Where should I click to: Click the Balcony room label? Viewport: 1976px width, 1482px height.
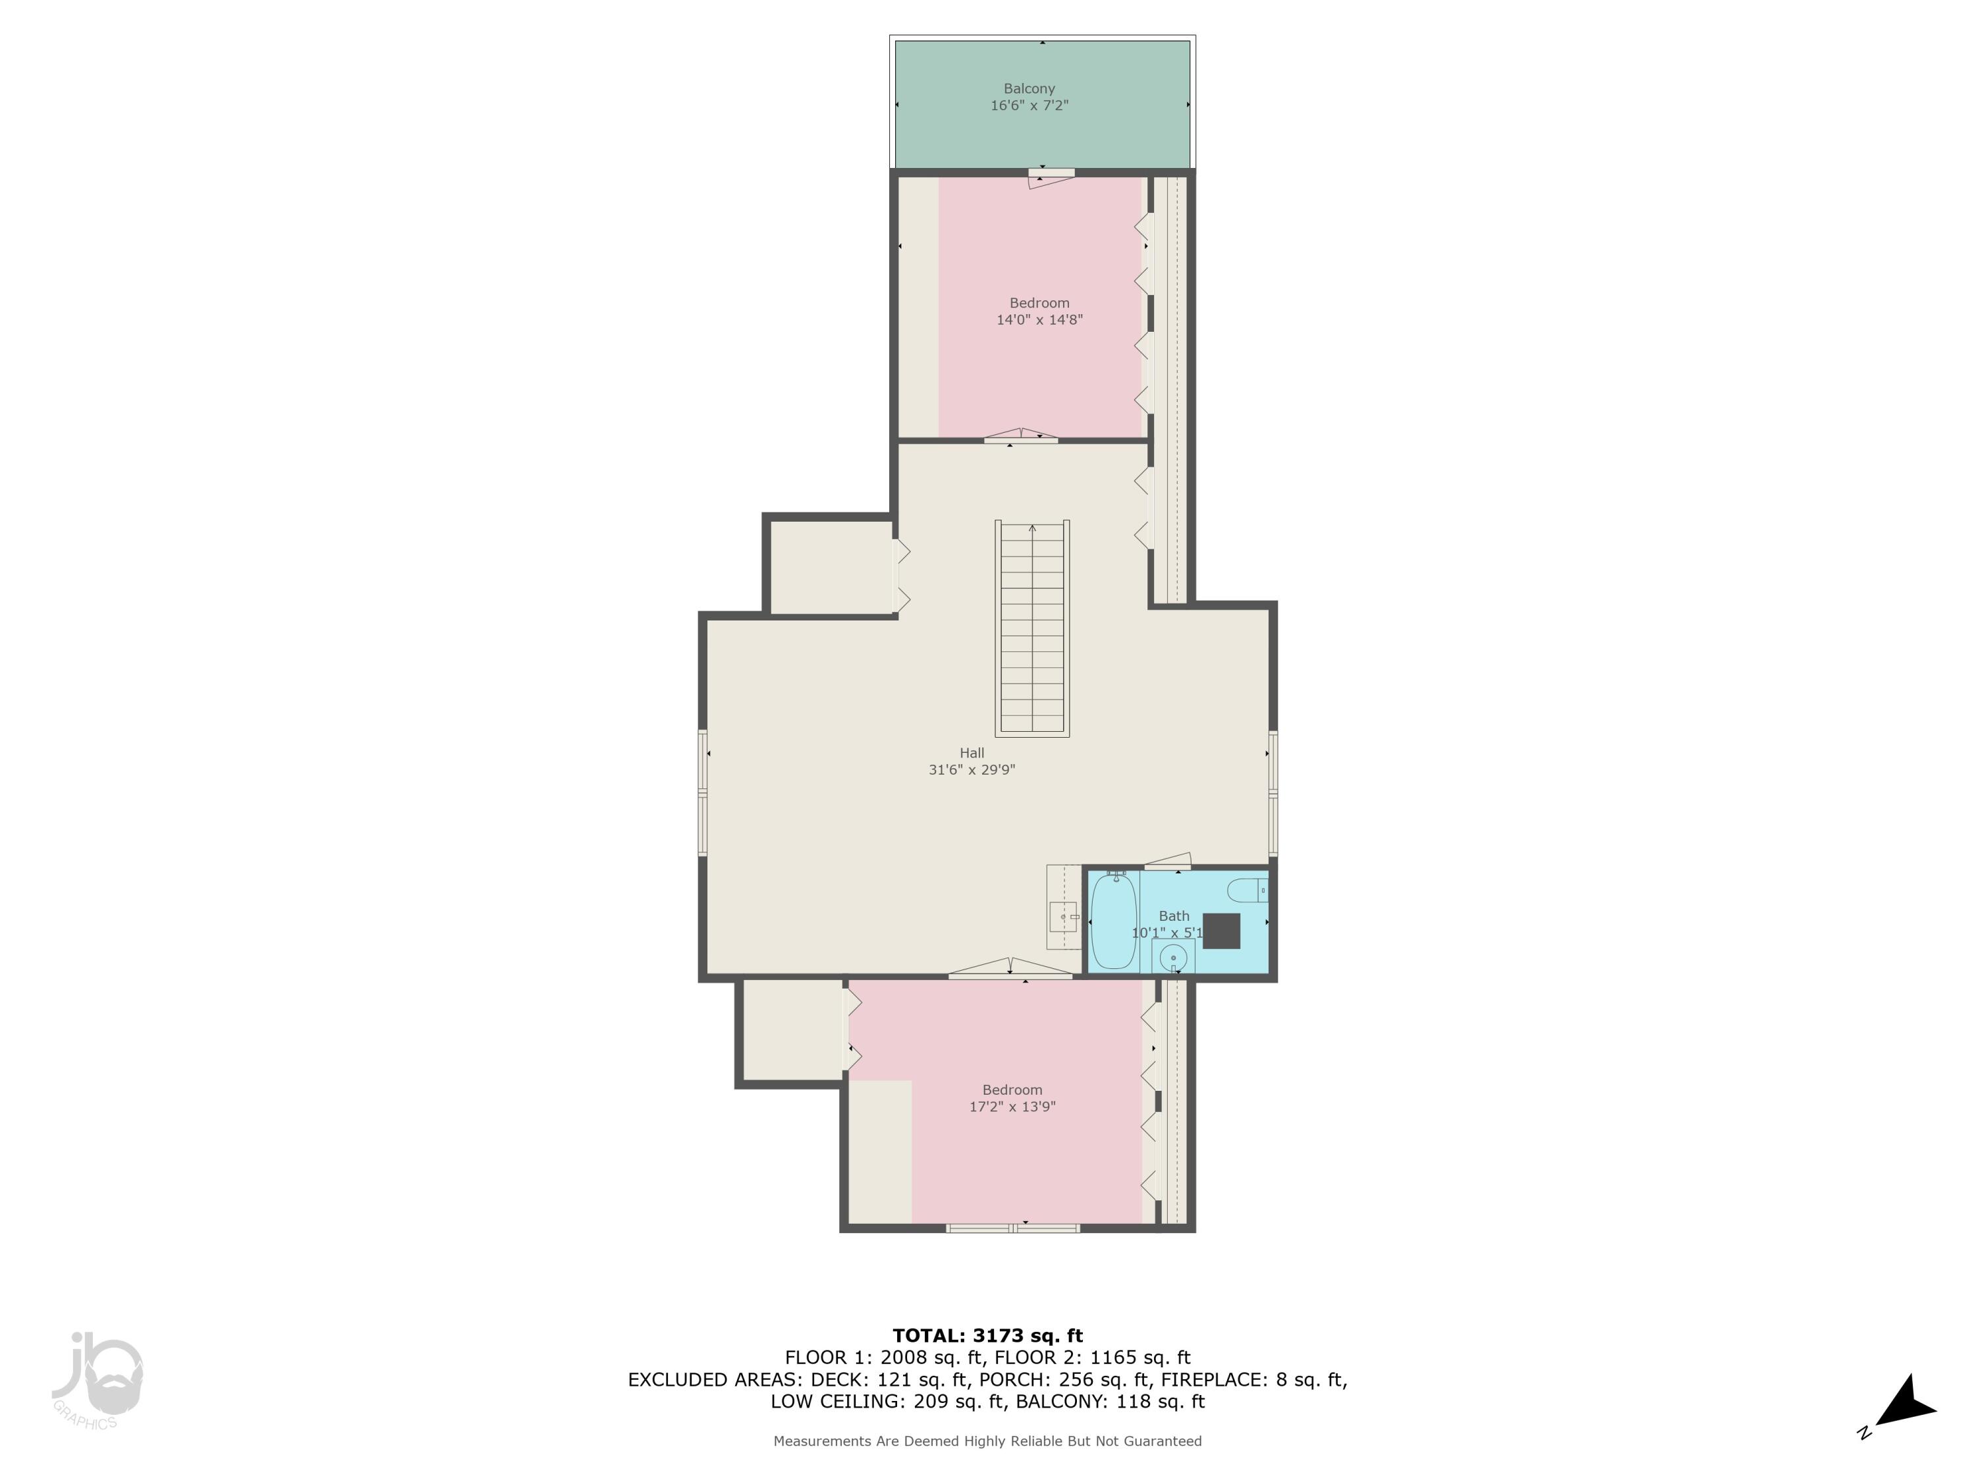[x=1029, y=88]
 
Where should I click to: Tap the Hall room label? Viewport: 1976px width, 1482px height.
[x=972, y=753]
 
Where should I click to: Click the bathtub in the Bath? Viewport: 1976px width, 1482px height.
[x=1113, y=922]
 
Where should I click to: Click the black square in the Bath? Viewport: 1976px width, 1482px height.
[x=1221, y=931]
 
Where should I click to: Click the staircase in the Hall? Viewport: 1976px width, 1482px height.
[x=1033, y=628]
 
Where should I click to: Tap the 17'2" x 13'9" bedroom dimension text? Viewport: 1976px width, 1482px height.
[x=1012, y=1107]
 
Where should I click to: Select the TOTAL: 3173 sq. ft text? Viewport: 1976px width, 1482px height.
[x=987, y=1336]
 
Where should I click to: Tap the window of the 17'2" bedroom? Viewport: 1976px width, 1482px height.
[x=1013, y=1228]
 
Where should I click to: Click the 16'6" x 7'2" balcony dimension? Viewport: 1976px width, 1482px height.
[x=1029, y=105]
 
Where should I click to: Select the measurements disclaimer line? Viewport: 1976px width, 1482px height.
[x=987, y=1441]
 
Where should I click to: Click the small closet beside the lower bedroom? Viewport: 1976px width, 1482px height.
[x=792, y=1031]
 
